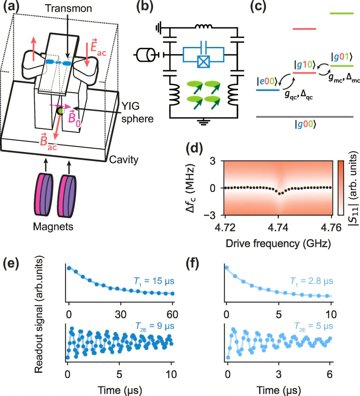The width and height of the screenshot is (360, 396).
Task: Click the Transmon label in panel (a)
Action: [68, 8]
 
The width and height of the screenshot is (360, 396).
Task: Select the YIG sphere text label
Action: [137, 112]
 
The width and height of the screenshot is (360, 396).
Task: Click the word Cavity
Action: [124, 160]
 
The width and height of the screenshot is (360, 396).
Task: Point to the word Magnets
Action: [53, 227]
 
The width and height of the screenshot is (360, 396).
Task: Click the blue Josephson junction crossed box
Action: [203, 62]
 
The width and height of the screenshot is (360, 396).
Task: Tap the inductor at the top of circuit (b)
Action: [204, 27]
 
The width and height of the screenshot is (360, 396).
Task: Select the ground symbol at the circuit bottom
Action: [203, 122]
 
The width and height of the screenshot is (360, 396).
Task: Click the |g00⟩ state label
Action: [305, 124]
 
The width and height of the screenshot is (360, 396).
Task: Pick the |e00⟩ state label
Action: [267, 81]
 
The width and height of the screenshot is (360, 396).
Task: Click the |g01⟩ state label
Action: [342, 57]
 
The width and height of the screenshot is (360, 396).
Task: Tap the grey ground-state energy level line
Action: [305, 117]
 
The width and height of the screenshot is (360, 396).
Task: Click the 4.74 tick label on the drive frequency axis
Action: [278, 227]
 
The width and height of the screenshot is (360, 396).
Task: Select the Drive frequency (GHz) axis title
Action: [278, 243]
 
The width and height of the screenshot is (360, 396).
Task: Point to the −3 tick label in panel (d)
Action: [210, 215]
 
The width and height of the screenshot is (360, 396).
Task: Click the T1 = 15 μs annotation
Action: [154, 281]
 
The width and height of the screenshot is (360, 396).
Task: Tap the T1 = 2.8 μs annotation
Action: [312, 281]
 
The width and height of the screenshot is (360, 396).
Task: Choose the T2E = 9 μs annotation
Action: [155, 326]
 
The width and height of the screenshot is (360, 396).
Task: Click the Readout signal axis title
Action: [39, 314]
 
